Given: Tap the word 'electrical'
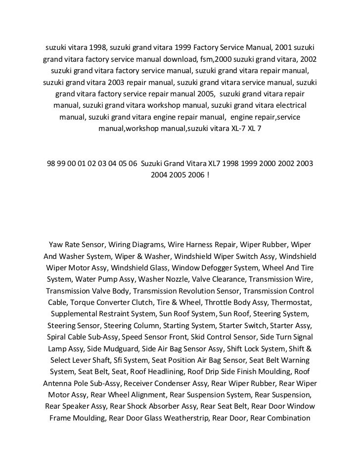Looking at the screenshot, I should [288, 106].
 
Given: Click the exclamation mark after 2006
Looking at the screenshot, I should [208, 175].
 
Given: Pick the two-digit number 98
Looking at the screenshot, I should [50, 164].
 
